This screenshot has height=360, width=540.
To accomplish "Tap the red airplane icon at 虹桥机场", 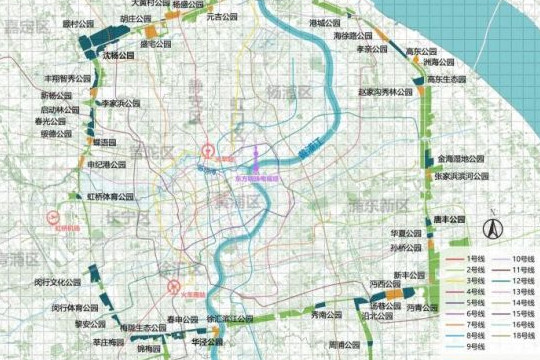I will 54,215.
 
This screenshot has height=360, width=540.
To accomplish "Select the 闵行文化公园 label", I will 56,283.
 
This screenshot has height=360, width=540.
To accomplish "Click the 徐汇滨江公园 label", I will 224,319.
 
